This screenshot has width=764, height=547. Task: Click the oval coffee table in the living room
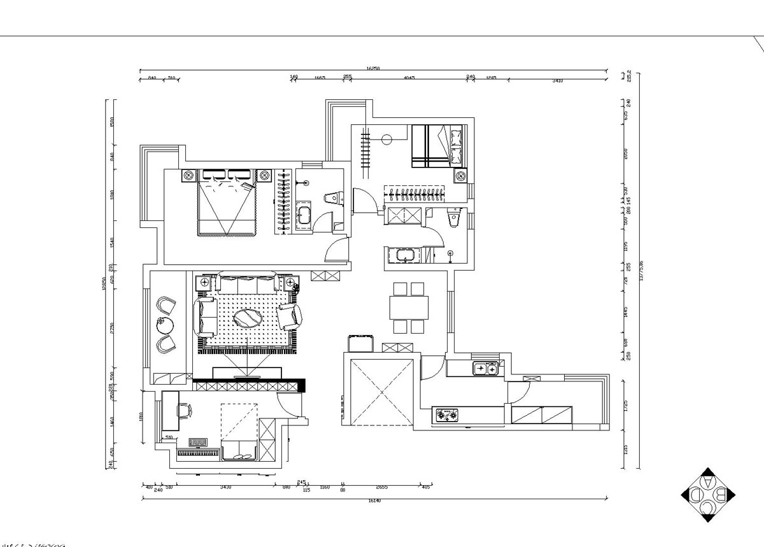coord(247,318)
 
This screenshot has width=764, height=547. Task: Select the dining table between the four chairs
coord(409,308)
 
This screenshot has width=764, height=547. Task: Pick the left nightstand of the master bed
coord(188,175)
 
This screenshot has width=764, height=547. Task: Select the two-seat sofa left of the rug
coord(206,317)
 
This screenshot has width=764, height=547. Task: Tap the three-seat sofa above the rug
coord(247,281)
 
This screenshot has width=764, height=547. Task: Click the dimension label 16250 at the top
coord(373,67)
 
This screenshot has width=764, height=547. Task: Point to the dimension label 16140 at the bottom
coord(374,501)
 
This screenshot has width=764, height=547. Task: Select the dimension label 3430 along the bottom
coord(225,487)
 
